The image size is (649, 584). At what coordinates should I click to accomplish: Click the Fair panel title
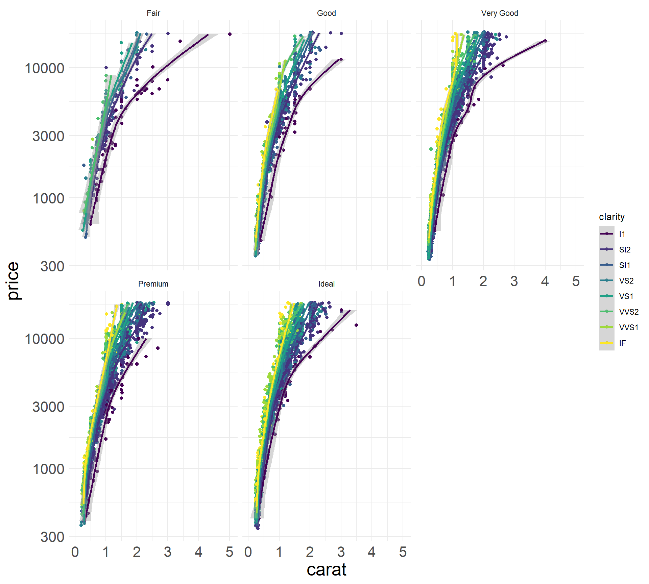(153, 13)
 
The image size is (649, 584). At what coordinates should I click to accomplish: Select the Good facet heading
(326, 13)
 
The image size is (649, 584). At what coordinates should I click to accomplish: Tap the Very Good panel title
(499, 13)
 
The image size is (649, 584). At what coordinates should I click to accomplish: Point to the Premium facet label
(153, 284)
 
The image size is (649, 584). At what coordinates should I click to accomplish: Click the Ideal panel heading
(326, 284)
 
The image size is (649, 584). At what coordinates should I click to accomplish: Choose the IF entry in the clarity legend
(622, 343)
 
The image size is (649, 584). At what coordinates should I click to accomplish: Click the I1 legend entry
(622, 234)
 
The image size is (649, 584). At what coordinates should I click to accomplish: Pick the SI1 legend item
(625, 265)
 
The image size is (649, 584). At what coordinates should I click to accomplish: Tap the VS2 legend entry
(626, 281)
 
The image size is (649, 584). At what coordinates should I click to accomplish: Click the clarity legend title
(611, 217)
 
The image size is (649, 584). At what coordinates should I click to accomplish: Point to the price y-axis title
(14, 281)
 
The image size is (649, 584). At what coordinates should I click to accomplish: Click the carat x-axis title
(326, 570)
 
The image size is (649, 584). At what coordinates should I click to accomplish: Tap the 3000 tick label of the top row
(48, 136)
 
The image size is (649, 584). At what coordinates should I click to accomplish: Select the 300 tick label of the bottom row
(52, 537)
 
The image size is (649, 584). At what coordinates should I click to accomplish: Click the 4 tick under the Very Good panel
(545, 282)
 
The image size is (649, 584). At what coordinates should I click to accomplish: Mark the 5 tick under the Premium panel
(230, 552)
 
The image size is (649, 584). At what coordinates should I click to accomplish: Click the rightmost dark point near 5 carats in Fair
(230, 34)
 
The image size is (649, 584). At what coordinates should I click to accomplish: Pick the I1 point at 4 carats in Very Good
(545, 41)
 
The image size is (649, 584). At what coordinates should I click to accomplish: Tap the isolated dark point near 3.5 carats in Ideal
(356, 325)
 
